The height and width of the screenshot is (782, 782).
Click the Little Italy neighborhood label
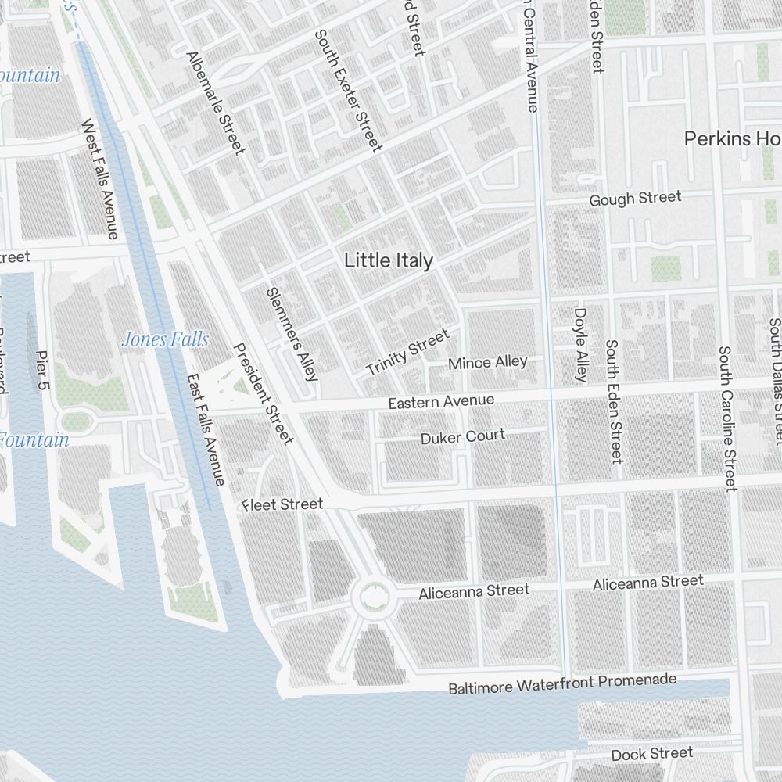[x=389, y=260]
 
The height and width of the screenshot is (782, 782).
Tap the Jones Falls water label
[x=165, y=339]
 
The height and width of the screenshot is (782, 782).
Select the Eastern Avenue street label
[x=441, y=401]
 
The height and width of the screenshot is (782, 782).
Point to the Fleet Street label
[x=282, y=504]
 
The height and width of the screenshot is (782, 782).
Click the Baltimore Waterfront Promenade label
[x=562, y=683]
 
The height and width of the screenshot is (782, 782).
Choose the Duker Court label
[x=463, y=436]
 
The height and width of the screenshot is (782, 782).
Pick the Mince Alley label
[x=488, y=363]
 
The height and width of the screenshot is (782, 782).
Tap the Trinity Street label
[x=408, y=352]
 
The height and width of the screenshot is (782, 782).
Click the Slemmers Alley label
[x=292, y=334]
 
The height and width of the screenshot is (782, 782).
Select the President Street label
[x=264, y=393]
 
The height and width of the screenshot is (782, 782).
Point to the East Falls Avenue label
[x=206, y=429]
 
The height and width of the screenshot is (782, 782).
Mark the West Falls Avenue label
[x=100, y=179]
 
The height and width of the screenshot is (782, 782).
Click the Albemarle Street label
[x=216, y=102]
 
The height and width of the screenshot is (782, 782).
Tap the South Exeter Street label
[x=348, y=90]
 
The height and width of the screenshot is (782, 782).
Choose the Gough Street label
[x=635, y=199]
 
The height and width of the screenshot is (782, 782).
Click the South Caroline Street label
[x=728, y=419]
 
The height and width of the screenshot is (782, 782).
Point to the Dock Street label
[x=651, y=754]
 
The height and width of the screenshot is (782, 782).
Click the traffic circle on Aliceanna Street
[x=371, y=601]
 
